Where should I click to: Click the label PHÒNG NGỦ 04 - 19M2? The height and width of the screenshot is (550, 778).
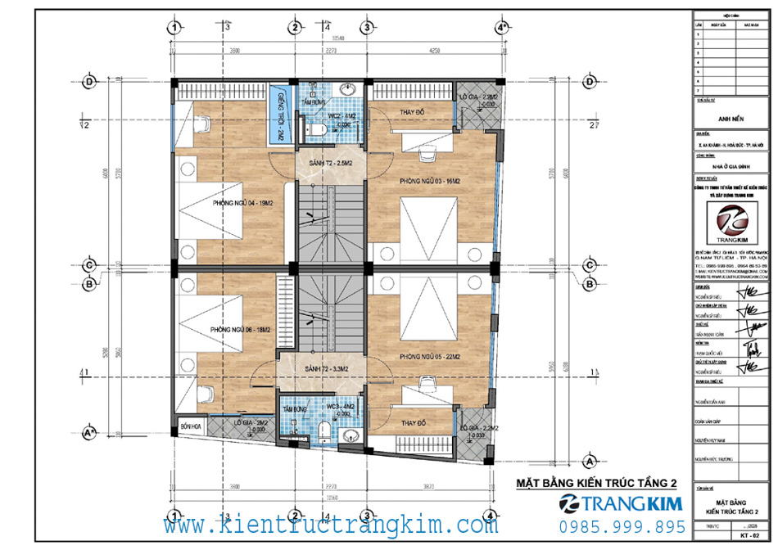point(242,204)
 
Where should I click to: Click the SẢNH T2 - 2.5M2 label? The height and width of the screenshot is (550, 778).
point(324,165)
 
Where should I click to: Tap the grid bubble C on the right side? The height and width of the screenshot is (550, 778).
point(588,265)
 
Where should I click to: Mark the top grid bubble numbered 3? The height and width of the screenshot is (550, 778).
point(368,27)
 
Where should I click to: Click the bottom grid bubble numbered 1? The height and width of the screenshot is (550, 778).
point(173,517)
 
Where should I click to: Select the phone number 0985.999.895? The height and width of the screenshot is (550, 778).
point(622,525)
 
